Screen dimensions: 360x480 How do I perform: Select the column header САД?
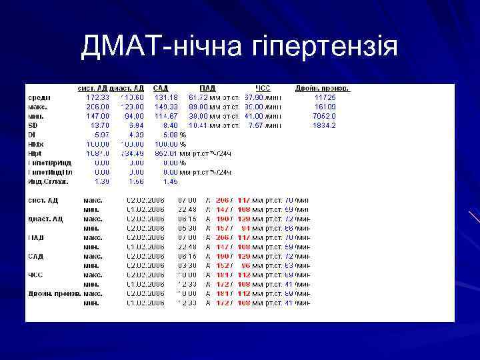[x=161, y=88]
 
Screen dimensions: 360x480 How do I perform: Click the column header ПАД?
[x=207, y=88]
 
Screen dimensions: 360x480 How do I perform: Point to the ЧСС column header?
[x=263, y=88]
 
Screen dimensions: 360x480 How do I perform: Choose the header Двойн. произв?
[x=322, y=88]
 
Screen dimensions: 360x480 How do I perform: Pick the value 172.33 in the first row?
[x=98, y=97]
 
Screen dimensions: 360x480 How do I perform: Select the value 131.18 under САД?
[x=166, y=97]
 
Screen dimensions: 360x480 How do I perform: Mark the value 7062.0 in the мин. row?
[x=325, y=115]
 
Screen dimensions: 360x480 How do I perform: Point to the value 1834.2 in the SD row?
[x=325, y=125]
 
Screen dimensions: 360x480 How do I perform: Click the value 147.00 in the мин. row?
[x=98, y=115]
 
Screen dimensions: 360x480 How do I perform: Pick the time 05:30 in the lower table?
[x=187, y=227]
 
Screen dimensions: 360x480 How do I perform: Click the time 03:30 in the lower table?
[x=187, y=265]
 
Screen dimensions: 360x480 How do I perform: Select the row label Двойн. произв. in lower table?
[x=53, y=293]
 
